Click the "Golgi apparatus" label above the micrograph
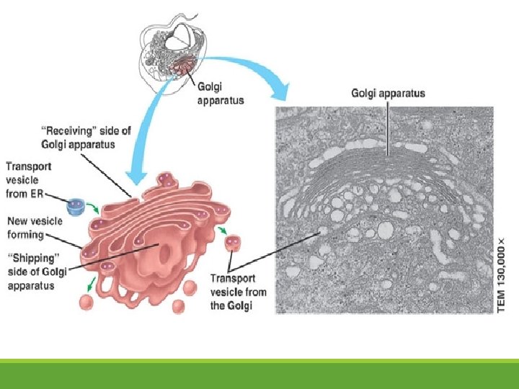click(x=388, y=93)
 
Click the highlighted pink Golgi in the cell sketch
click(x=185, y=67)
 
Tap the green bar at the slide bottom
click(x=259, y=374)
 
